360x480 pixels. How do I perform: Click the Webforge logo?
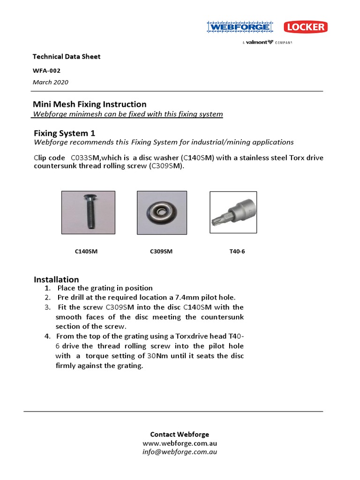[240, 28]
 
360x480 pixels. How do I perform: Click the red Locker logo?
[305, 27]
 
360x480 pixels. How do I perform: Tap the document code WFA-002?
[46, 70]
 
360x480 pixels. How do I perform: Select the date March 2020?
[51, 82]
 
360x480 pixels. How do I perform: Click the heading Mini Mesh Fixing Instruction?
[89, 104]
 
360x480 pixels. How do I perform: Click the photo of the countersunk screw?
[88, 212]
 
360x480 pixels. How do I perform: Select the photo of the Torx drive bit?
[233, 212]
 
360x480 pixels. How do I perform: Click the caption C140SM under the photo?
[86, 251]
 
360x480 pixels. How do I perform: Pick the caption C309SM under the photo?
[161, 251]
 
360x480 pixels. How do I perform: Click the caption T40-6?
[237, 251]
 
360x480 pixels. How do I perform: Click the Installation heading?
[56, 279]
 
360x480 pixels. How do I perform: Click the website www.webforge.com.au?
[180, 443]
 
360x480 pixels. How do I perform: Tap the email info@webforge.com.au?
[180, 452]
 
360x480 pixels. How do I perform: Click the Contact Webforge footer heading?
[180, 434]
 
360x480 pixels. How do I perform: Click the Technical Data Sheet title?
[66, 57]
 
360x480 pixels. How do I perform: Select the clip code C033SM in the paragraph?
[84, 157]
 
